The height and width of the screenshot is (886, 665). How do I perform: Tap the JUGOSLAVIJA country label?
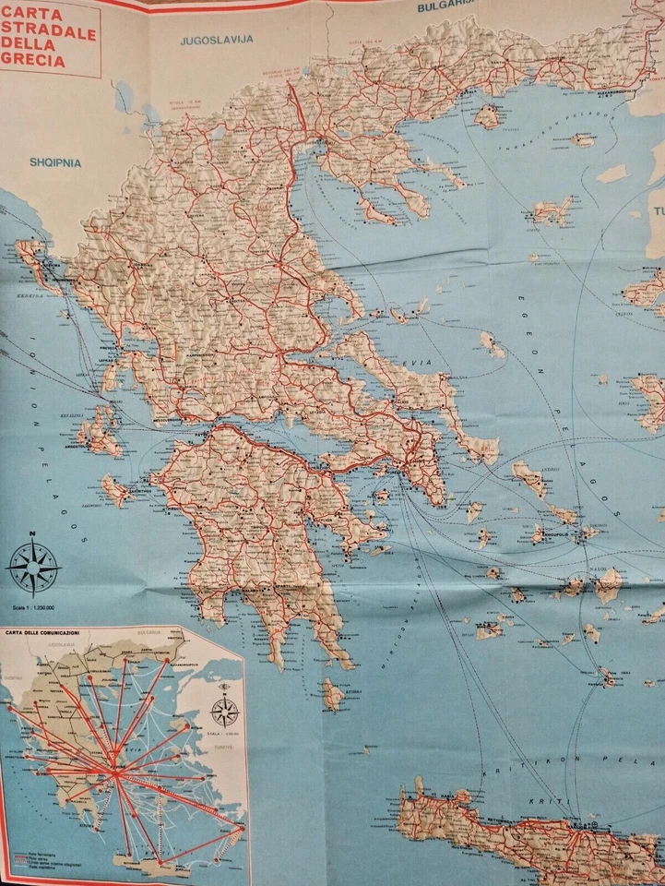click(217, 41)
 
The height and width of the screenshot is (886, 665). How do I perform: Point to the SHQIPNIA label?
click(55, 162)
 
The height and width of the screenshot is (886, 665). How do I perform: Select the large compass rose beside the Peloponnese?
click(34, 565)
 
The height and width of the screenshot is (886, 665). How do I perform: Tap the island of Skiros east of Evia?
click(493, 344)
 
